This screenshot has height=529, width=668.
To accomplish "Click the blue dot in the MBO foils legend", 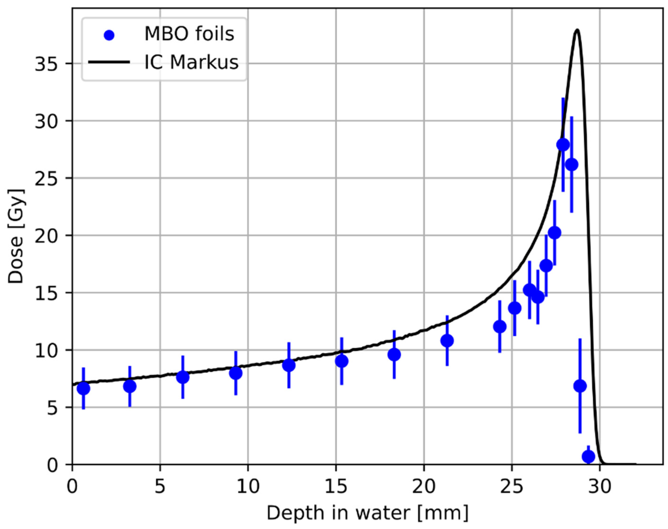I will point(109,35).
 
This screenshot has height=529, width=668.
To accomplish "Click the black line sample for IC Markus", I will point(109,62).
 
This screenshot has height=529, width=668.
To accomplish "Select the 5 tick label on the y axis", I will point(53,408).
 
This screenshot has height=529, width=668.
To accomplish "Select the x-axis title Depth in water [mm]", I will point(367,513).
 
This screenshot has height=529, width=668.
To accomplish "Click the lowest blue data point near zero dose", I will point(588,456).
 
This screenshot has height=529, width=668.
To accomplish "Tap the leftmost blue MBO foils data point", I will point(83,388).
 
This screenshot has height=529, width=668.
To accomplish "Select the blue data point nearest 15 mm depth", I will point(341,361).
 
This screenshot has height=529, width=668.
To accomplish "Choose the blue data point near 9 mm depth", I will point(236,373).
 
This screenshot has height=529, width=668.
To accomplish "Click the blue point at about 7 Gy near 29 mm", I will point(580,386).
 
